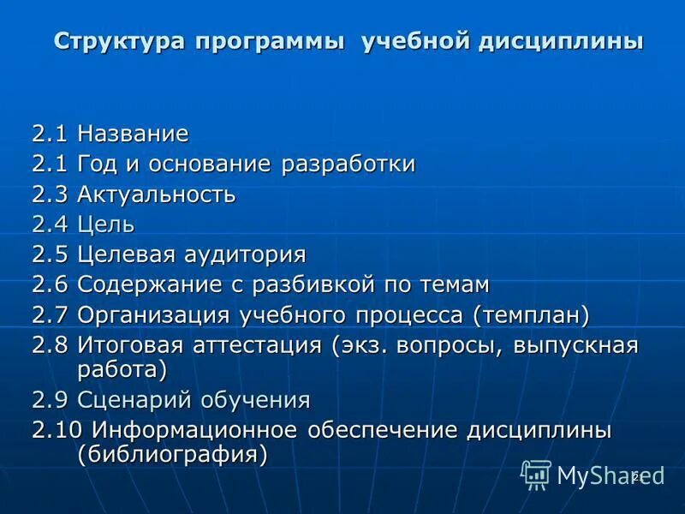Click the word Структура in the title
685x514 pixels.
pos(118,41)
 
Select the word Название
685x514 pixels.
pos(133,134)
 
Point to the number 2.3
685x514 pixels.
pos(51,194)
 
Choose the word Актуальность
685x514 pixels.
pos(156,194)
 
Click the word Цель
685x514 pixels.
pos(106,225)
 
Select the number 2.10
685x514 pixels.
pos(57,430)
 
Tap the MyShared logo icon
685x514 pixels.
pos(536,474)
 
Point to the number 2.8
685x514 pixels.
pos(51,346)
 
